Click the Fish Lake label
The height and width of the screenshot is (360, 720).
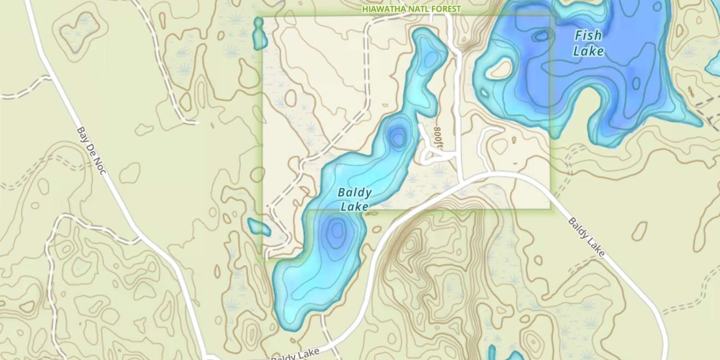[588, 43]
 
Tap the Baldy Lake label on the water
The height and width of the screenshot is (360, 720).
[355, 199]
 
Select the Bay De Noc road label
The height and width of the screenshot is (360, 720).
[91, 150]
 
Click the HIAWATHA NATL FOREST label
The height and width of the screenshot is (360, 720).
[411, 9]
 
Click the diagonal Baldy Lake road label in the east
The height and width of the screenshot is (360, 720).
[587, 237]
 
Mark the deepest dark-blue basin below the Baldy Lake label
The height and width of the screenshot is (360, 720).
[337, 231]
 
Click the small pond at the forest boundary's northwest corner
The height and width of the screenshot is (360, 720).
[260, 34]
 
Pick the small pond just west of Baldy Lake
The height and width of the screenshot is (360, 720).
[259, 227]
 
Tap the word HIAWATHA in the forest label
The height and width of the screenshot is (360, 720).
[381, 9]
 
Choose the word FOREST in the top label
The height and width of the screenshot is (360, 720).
[447, 9]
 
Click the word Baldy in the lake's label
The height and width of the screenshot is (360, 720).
[355, 193]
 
